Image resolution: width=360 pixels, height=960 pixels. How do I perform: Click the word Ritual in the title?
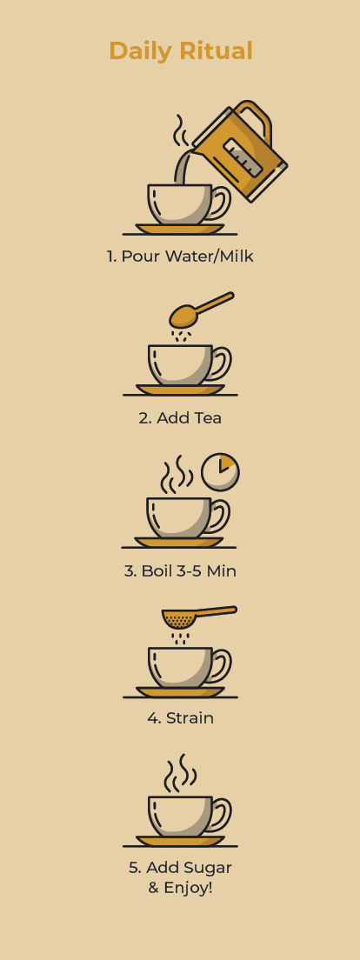pyautogui.click(x=218, y=50)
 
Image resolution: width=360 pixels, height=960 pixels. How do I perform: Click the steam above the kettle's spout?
pyautogui.click(x=179, y=130)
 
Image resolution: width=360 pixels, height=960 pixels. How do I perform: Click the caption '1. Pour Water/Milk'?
pyautogui.click(x=180, y=256)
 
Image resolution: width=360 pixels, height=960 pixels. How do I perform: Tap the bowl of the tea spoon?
pyautogui.click(x=182, y=317)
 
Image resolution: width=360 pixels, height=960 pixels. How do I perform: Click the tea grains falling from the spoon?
pyautogui.click(x=181, y=337)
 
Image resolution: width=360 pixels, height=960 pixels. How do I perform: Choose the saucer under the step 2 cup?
pyautogui.click(x=180, y=390)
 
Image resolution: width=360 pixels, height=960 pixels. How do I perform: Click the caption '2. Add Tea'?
pyautogui.click(x=180, y=417)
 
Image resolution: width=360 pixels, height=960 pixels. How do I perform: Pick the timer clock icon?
pyautogui.click(x=220, y=472)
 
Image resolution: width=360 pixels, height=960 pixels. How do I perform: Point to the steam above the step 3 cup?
pyautogui.click(x=177, y=474)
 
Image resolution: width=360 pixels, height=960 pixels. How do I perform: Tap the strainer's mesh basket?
pyautogui.click(x=178, y=619)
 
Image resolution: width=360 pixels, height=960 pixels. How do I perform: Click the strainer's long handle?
pyautogui.click(x=215, y=611)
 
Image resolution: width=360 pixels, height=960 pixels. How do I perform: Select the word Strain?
pyautogui.click(x=190, y=717)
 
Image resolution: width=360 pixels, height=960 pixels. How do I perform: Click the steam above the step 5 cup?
pyautogui.click(x=180, y=773)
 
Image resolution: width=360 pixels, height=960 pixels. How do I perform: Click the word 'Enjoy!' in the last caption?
pyautogui.click(x=188, y=888)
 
